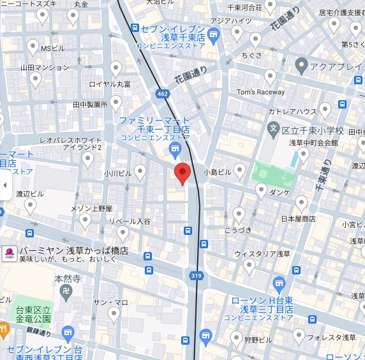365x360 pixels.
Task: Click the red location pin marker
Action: pos(182,172)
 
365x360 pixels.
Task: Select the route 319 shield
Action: pos(196,276)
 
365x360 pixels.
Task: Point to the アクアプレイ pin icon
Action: pos(302,66)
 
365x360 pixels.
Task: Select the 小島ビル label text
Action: pos(217,172)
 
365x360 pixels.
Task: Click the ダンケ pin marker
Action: pos(261,190)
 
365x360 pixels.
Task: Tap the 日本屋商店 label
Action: pos(298,219)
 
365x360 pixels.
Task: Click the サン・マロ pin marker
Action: pos(114,313)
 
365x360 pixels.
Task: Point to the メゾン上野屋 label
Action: pos(91,208)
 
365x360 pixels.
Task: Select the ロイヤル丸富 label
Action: pos(110,84)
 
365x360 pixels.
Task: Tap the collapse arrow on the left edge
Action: pos(5,185)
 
